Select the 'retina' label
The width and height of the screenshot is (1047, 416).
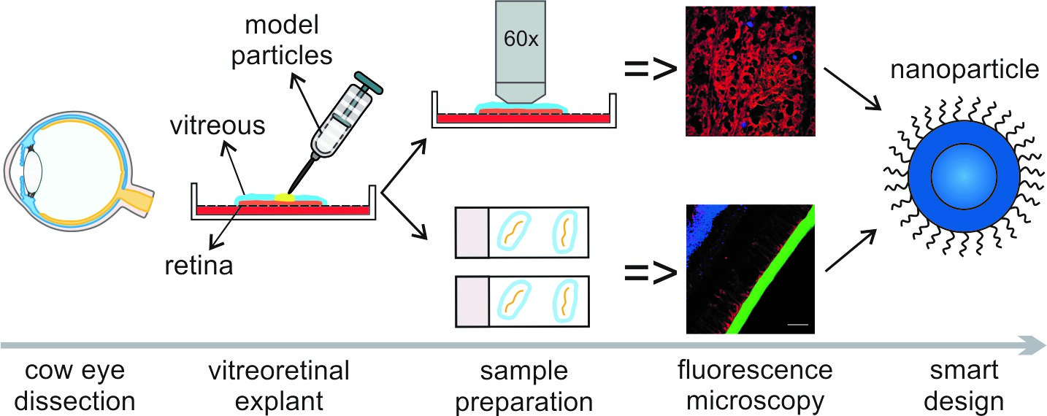(x=198, y=264)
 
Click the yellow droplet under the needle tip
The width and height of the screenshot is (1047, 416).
(x=284, y=196)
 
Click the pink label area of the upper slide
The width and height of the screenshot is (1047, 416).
(x=472, y=232)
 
